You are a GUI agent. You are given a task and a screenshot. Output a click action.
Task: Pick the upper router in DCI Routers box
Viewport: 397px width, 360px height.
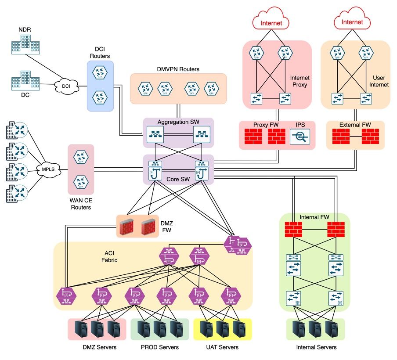[x=100, y=73]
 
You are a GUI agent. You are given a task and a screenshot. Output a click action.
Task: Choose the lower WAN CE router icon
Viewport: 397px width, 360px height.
[x=81, y=181]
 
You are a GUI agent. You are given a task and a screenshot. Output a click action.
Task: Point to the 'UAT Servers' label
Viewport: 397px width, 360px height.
[x=223, y=347]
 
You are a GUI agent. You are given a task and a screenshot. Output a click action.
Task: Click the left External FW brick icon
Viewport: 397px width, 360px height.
[x=341, y=137]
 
